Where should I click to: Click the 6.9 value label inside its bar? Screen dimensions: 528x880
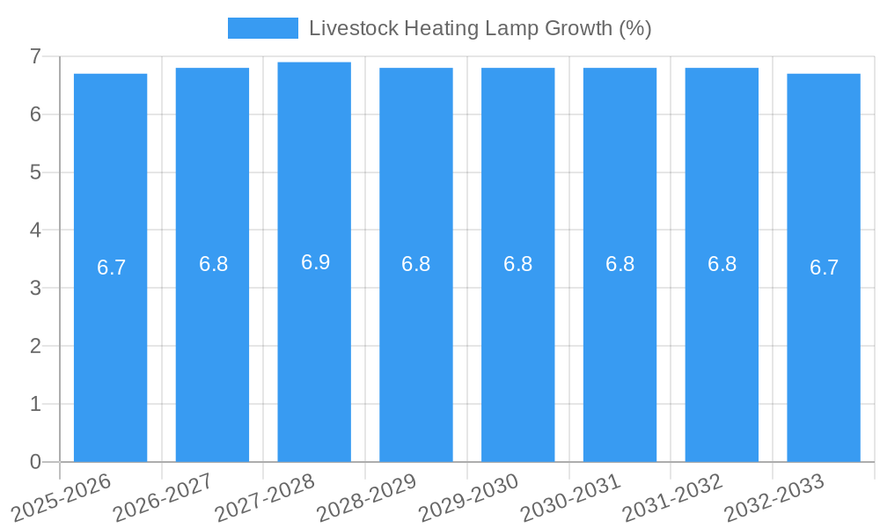[x=315, y=262]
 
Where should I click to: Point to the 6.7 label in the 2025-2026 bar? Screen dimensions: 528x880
[x=112, y=268]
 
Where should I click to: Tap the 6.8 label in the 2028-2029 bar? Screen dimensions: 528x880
[x=415, y=264]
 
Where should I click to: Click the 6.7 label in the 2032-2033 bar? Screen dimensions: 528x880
[x=824, y=268]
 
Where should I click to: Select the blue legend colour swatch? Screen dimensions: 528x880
[x=262, y=28]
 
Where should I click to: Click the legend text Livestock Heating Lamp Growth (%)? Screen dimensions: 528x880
[x=480, y=28]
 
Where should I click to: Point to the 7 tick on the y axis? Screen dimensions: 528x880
[x=35, y=56]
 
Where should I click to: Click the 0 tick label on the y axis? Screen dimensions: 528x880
[x=35, y=462]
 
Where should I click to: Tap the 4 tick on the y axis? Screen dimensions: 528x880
[x=35, y=231]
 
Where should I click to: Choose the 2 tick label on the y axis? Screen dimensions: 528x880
[x=35, y=346]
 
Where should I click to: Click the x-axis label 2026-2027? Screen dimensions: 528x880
[x=164, y=496]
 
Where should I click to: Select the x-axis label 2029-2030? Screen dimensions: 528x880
[x=469, y=496]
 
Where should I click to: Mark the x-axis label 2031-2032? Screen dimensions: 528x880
[x=673, y=496]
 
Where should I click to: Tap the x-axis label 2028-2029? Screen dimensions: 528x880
[x=367, y=496]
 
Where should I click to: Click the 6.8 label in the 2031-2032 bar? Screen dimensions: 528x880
[x=722, y=264]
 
